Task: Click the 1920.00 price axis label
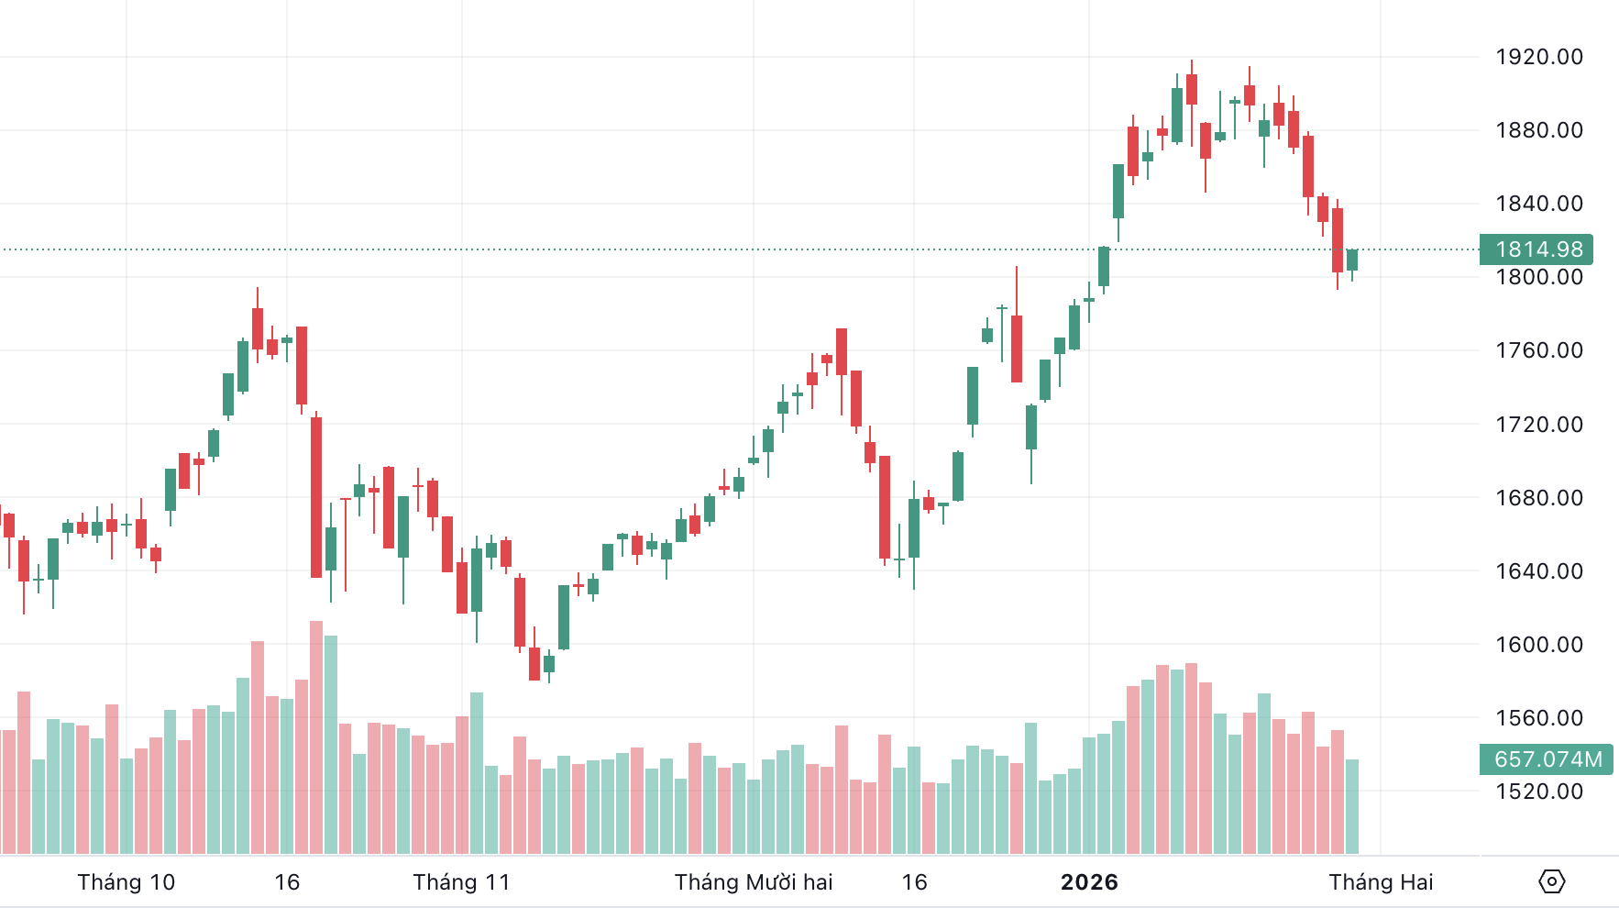tap(1539, 57)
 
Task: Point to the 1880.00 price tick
tap(1539, 130)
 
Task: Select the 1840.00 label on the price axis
tap(1539, 204)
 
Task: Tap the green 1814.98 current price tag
tap(1537, 249)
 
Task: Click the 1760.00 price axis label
tap(1539, 350)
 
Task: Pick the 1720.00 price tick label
tap(1539, 425)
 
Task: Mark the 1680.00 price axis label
tap(1539, 498)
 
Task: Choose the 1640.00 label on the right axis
tap(1539, 571)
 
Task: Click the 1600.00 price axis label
tap(1539, 645)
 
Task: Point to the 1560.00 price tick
tap(1539, 718)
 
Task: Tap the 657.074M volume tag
tap(1547, 759)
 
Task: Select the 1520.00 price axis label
tap(1539, 792)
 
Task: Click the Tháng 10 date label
tap(127, 882)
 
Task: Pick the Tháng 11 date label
tap(461, 882)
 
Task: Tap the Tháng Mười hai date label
tap(754, 882)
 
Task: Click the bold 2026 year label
tap(1089, 882)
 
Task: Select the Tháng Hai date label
tap(1381, 882)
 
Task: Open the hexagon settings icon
tap(1551, 882)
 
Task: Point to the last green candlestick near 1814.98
tap(1352, 260)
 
